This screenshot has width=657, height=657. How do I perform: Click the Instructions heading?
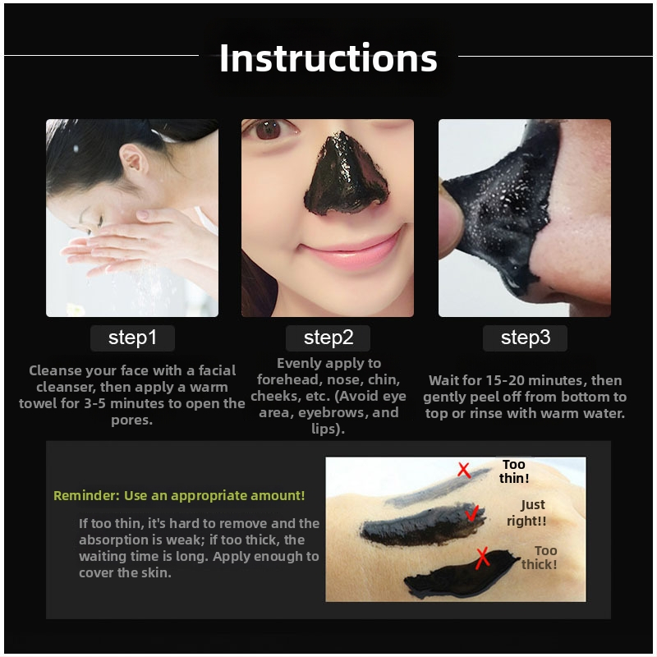point(328,58)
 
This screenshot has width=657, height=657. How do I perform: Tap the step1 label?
point(132,338)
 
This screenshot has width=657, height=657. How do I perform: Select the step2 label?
point(328,338)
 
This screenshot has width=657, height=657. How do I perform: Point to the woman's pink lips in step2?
point(328,257)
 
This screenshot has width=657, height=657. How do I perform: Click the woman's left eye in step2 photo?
point(269,131)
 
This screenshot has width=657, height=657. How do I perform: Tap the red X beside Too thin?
point(464,471)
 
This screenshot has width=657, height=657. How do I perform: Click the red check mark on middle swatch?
point(471,514)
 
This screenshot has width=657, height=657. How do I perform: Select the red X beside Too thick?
point(483,558)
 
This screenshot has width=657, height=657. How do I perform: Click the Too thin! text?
point(514,471)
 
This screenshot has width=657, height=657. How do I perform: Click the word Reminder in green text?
point(85,496)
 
